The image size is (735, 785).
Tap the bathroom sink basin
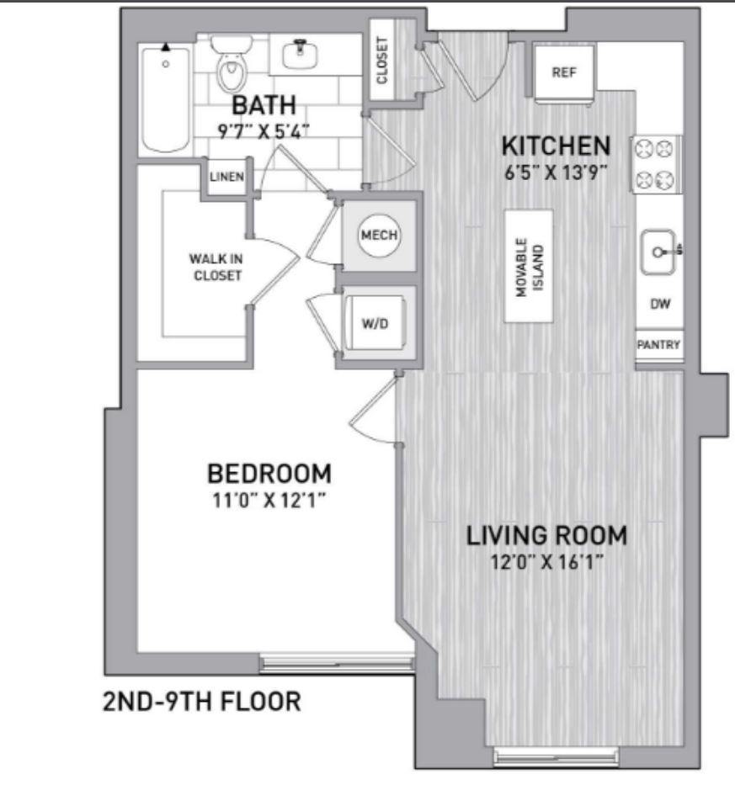(x=300, y=55)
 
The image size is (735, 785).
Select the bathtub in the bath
(x=165, y=98)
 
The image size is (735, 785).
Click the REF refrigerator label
(x=564, y=72)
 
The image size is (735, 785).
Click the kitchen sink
(x=659, y=252)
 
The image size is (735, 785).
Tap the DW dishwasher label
(x=660, y=304)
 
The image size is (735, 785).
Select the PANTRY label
(x=658, y=344)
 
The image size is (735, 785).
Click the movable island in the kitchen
(x=529, y=266)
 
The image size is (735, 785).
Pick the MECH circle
(x=379, y=235)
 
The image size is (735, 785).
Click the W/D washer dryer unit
(x=375, y=323)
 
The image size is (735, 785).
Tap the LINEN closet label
(x=227, y=177)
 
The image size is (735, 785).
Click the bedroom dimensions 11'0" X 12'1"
(x=269, y=500)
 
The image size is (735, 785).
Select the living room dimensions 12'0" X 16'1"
(x=546, y=562)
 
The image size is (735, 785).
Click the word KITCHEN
(x=557, y=146)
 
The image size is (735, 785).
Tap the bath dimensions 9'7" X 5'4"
(x=263, y=131)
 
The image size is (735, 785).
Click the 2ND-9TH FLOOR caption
(x=202, y=701)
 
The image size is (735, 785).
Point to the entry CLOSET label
(x=381, y=60)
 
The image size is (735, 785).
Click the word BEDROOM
(x=269, y=474)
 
